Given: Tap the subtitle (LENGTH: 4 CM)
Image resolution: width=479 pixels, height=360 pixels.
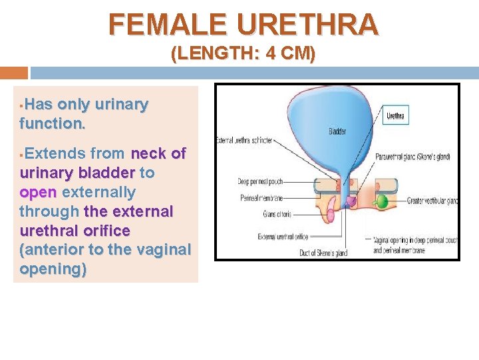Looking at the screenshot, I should pos(243,54).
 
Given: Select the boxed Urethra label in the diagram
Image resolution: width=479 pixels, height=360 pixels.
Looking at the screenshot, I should pos(395,116).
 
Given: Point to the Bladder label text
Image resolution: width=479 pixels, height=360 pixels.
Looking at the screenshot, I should pos(337,131).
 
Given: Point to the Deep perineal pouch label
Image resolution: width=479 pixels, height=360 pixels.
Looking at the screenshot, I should pos(260,181).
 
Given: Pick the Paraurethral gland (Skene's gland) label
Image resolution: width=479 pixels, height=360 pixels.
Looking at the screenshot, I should pos(412,157).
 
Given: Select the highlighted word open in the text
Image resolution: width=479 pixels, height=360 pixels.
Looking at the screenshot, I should pos(39,192).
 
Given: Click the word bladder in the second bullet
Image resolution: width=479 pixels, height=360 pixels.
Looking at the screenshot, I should pos(106,173).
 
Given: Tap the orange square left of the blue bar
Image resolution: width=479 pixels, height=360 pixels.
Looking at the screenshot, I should pos(13,73).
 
